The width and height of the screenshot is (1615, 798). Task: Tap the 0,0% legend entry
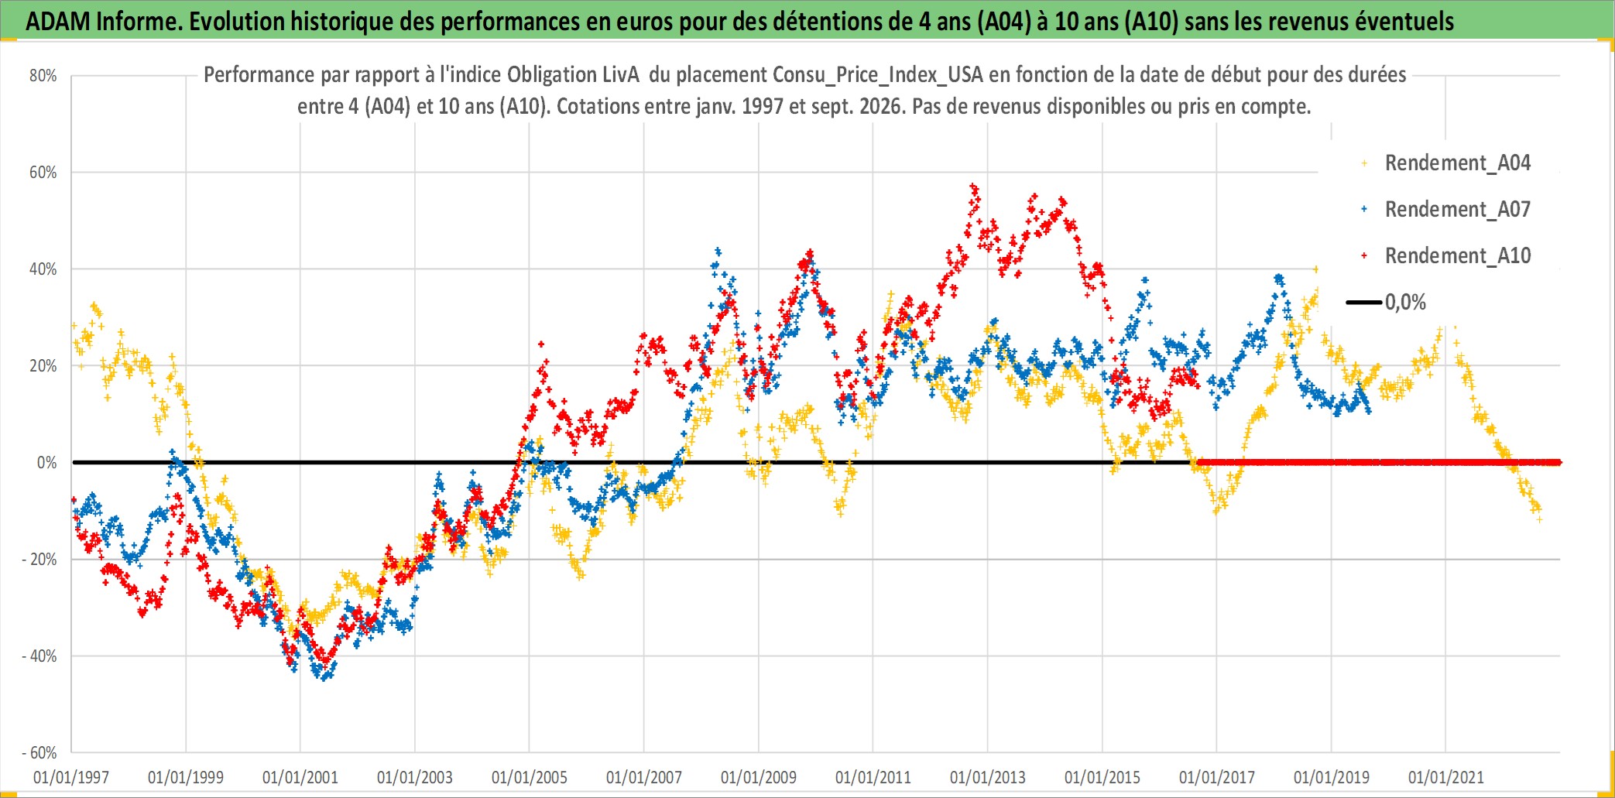1387,303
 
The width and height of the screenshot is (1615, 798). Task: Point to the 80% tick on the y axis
43,76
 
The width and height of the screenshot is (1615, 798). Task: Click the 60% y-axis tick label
43,173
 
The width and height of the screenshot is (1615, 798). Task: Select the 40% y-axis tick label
43,269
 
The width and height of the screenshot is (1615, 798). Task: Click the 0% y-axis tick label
47,463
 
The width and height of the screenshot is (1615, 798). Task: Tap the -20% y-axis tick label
39,560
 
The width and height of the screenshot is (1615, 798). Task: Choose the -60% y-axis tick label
39,753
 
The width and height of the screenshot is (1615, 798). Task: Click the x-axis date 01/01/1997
71,777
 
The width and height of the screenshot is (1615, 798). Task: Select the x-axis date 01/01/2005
530,777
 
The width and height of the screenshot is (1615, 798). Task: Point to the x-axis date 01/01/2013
988,777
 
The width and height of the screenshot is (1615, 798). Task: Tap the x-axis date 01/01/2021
1446,777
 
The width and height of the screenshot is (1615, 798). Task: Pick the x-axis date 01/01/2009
759,777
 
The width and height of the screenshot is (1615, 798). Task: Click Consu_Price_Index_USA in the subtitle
878,75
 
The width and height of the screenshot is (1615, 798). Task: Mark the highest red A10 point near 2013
973,187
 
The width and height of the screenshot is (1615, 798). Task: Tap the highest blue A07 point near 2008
718,251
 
